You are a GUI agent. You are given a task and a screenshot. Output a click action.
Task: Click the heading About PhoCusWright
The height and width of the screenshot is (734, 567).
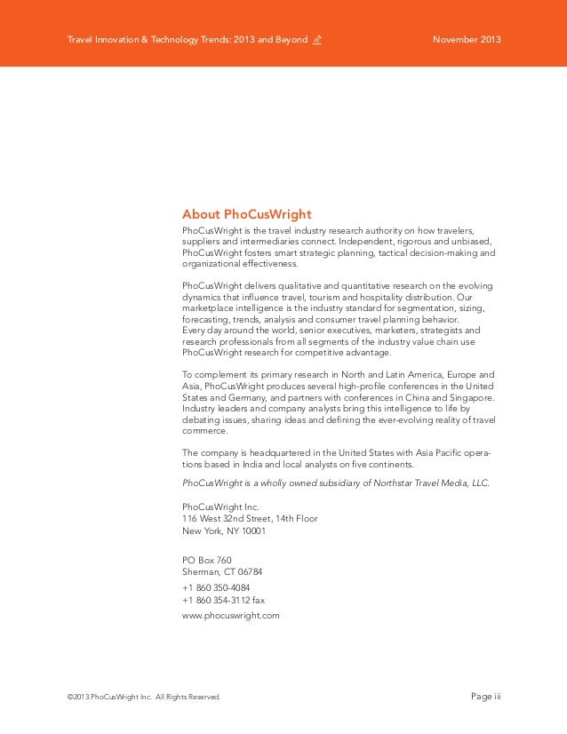(246, 214)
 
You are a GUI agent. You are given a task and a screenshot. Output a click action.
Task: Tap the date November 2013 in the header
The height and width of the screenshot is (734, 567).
(467, 41)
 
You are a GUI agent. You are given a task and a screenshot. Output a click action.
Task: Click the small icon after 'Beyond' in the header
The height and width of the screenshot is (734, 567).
(316, 41)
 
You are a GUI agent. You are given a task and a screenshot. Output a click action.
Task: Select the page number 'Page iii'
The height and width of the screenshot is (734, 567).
(485, 696)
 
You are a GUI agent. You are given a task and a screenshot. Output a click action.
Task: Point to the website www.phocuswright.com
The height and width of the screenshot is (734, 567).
(230, 614)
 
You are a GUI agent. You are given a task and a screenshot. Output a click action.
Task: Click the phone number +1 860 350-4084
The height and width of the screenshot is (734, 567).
(216, 588)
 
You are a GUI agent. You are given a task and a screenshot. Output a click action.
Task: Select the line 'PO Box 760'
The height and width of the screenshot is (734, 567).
(206, 560)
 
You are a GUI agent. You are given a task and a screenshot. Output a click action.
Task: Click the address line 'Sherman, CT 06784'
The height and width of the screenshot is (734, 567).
(222, 571)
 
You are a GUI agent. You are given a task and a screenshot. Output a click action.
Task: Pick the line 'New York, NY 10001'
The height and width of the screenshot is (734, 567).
(223, 531)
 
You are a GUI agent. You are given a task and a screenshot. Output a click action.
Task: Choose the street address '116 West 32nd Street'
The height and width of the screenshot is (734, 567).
(228, 519)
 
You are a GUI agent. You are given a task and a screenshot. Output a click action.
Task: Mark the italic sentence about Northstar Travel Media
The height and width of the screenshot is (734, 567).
(335, 483)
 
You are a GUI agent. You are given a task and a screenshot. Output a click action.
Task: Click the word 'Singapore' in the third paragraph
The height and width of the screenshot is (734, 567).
(471, 399)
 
